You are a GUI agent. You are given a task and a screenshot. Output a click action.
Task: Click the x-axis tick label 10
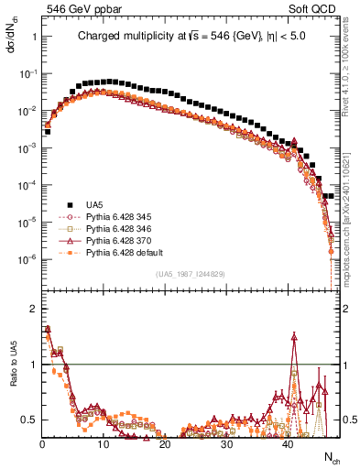click(103, 444)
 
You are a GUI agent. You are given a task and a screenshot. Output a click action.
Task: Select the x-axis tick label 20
click(164, 444)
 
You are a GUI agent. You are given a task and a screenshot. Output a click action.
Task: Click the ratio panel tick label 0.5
click(29, 420)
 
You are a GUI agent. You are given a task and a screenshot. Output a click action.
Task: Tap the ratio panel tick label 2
click(33, 309)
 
